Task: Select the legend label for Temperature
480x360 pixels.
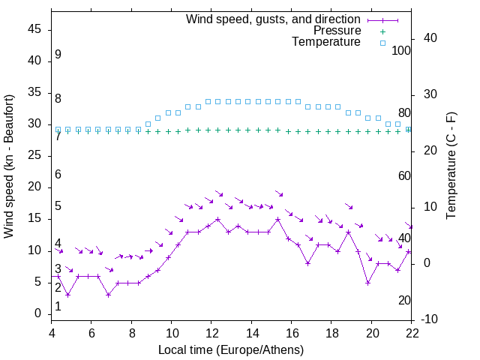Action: click(x=326, y=42)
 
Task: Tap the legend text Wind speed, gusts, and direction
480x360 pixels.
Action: click(x=274, y=19)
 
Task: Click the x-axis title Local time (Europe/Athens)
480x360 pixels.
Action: click(x=232, y=350)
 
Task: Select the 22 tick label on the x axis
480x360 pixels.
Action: click(x=412, y=333)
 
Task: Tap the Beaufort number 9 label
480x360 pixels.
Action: click(x=58, y=55)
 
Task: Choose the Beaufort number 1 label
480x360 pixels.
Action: click(x=58, y=307)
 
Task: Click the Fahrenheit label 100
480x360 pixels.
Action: click(x=402, y=50)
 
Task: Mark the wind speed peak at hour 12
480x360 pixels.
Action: click(x=217, y=220)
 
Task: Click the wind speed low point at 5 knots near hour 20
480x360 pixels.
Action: click(x=367, y=283)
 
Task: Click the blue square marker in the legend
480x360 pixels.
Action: click(x=382, y=43)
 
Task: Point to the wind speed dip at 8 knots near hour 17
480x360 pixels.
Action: click(x=307, y=263)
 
